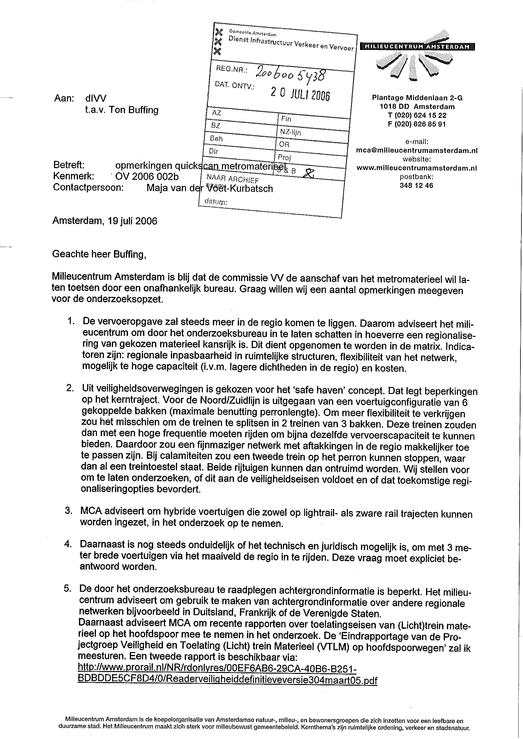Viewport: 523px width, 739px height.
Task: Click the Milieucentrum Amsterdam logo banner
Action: tap(418, 47)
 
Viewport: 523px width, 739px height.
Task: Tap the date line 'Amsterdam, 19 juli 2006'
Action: tap(105, 221)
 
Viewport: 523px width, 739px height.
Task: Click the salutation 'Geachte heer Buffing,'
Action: tap(99, 254)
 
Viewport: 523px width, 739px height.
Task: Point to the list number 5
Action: tap(67, 589)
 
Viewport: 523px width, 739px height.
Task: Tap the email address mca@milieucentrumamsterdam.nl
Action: tap(417, 150)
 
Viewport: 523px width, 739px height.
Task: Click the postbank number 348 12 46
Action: tap(416, 185)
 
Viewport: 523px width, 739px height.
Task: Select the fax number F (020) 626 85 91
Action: tap(417, 124)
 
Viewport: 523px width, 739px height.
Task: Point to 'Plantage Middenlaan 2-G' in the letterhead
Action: tap(417, 98)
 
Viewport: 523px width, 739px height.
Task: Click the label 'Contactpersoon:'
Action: tap(88, 188)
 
